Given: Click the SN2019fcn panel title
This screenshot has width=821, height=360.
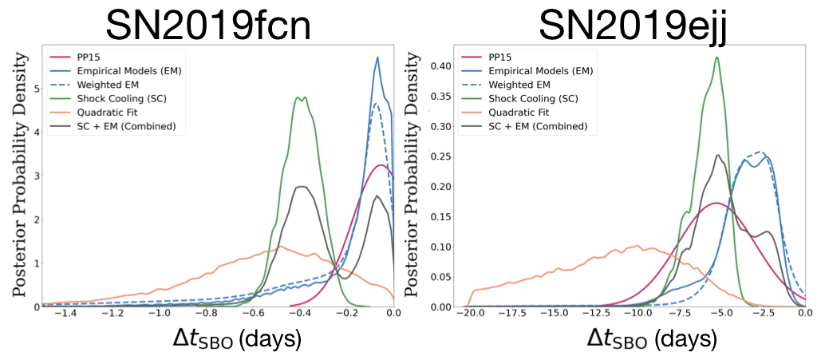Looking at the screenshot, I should pos(209,26).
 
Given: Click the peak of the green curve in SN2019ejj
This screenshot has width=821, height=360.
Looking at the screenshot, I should pos(717,57).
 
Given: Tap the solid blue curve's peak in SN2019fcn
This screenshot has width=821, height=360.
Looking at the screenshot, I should pos(377,57).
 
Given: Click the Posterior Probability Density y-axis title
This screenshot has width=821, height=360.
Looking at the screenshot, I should pos(17,180).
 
